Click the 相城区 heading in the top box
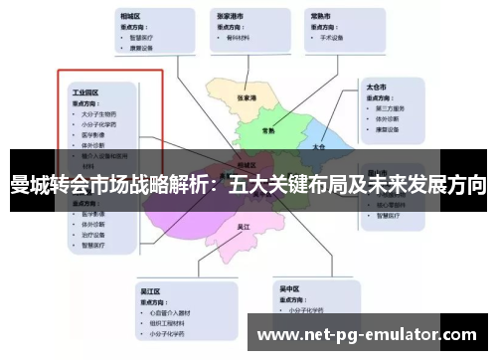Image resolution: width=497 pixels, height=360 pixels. (x=130, y=17)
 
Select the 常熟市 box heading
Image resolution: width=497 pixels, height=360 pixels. (x=321, y=17)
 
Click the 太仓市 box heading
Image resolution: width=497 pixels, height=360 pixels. (x=377, y=86)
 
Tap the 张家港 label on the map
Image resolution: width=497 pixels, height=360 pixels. (x=248, y=99)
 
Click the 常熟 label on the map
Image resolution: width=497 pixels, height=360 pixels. (x=268, y=130)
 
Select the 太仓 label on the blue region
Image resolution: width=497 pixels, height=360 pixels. (x=318, y=145)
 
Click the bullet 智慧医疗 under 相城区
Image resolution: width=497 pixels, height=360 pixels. (x=142, y=38)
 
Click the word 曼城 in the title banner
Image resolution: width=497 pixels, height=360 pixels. (x=30, y=184)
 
